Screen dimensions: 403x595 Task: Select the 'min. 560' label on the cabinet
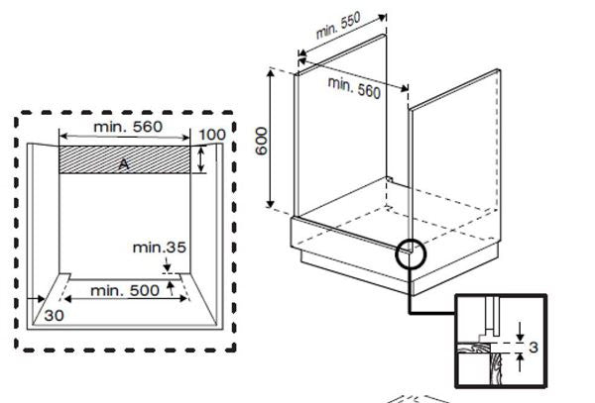(353, 87)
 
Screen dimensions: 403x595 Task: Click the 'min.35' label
(164, 247)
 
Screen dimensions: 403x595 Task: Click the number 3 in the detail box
(533, 348)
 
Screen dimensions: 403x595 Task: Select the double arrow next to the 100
(201, 159)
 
